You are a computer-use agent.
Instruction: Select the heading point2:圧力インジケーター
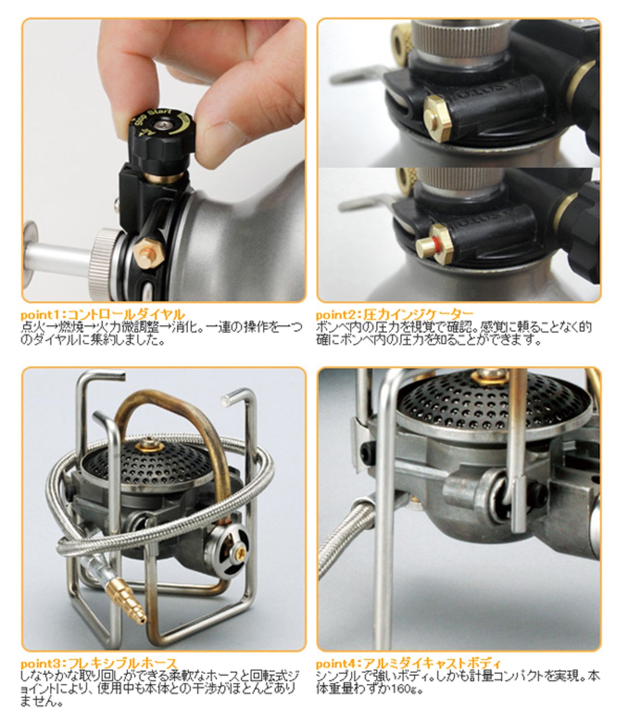[x=394, y=315]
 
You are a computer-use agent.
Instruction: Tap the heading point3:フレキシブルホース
[x=99, y=664]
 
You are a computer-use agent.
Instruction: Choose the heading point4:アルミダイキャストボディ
[x=409, y=664]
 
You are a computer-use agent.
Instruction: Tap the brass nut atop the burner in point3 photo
[x=148, y=446]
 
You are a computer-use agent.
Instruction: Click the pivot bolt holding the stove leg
[x=503, y=503]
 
